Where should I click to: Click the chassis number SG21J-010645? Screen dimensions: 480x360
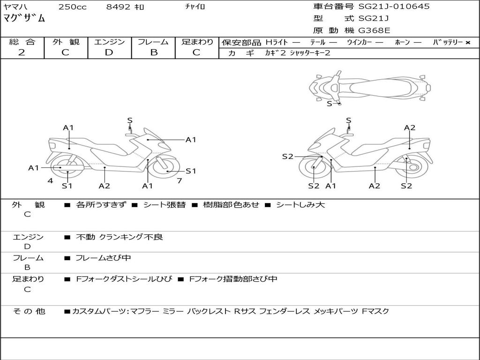[394, 7]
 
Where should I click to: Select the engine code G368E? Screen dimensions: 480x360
[374, 31]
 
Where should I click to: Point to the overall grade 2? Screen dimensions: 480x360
[22, 52]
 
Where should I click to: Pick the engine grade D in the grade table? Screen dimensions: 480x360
[109, 52]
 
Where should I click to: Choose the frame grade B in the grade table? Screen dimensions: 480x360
[153, 52]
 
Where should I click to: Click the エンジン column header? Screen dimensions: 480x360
[109, 42]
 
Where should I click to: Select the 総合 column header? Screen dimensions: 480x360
[22, 42]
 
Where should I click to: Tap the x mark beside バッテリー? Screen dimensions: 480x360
[467, 43]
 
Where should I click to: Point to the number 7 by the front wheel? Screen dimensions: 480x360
[179, 180]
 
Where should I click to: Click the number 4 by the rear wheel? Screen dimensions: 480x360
[50, 180]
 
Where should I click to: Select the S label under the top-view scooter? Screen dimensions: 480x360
[329, 104]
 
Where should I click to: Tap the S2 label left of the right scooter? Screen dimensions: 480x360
[287, 157]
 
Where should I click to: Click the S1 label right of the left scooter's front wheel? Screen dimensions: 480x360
[191, 171]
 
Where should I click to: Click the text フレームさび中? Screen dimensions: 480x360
[103, 258]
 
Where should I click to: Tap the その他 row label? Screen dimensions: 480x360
[29, 311]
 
